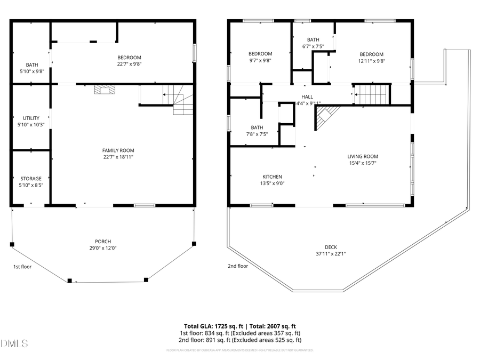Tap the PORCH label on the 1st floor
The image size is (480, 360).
tap(103, 242)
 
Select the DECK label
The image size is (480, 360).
tap(331, 247)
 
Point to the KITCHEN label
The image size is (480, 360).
tap(272, 177)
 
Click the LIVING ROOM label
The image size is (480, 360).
tap(363, 156)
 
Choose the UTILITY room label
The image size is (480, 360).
tap(31, 118)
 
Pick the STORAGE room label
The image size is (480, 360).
tap(31, 179)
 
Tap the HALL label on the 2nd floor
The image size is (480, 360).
tap(307, 97)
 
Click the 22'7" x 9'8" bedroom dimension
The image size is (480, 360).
tap(129, 64)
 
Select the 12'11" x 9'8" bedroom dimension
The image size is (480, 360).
tap(371, 61)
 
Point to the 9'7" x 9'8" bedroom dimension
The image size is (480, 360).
tap(260, 61)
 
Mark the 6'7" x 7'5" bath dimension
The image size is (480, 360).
tap(313, 46)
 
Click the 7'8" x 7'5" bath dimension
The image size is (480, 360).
tap(257, 134)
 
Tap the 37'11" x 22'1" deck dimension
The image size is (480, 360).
tap(331, 254)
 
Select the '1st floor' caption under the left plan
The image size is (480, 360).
tap(22, 266)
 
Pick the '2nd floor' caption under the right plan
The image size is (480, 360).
tap(237, 266)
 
